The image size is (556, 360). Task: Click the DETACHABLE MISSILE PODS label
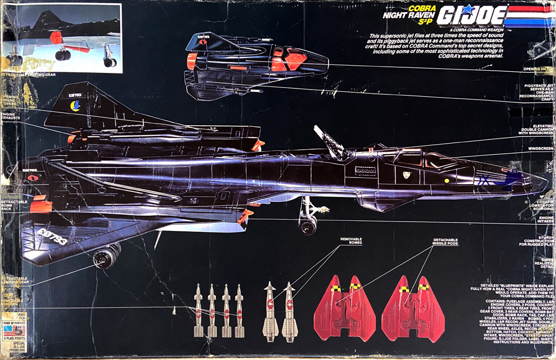click(x=445, y=242)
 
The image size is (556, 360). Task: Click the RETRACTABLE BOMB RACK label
click(x=11, y=204)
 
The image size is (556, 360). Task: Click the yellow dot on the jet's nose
click(x=446, y=181)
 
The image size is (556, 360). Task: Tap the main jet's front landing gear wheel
click(x=307, y=225)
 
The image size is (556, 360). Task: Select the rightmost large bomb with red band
click(x=289, y=312)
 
